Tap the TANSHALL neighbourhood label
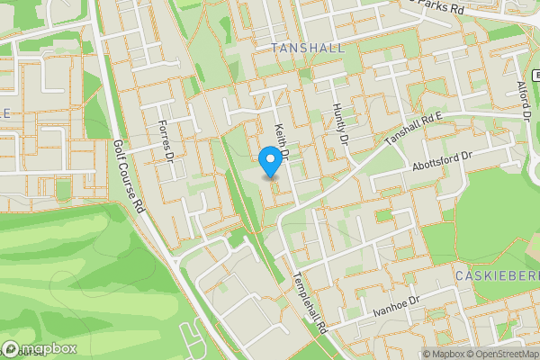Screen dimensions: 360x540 tap(307, 48)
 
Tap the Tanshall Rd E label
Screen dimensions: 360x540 tap(416, 130)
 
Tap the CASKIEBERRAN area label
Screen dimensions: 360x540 tap(497, 274)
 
